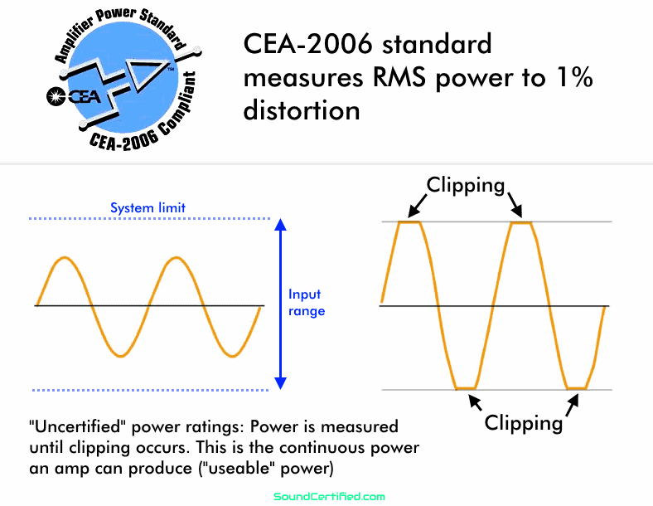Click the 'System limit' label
click(148, 207)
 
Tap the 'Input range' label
click(307, 303)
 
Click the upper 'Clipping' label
click(466, 186)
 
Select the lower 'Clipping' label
click(524, 424)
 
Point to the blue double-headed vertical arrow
click(281, 304)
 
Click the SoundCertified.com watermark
click(330, 496)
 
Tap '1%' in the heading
click(575, 77)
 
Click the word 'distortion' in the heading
click(302, 111)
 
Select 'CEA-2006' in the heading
click(307, 44)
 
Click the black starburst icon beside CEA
click(56, 97)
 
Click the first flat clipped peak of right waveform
click(409, 222)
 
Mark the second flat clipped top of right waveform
click(521, 223)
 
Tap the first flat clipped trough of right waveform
click(466, 388)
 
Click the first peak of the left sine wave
click(65, 258)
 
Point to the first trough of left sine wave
click(121, 356)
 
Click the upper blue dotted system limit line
click(149, 218)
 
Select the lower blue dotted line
click(150, 390)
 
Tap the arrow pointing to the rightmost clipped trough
click(573, 405)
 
